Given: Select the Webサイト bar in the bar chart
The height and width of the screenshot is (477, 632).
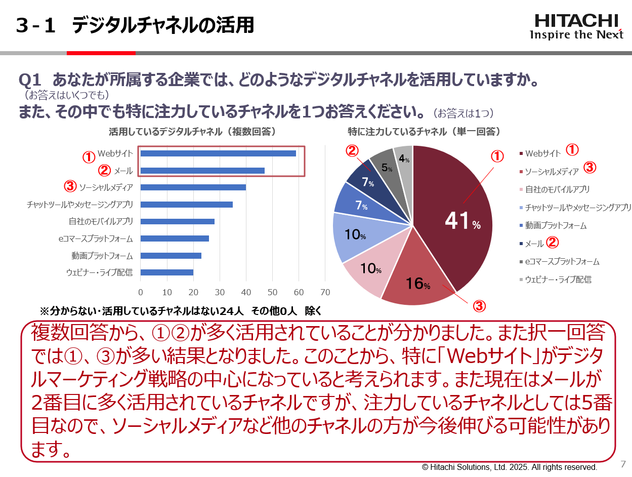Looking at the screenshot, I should (x=218, y=153).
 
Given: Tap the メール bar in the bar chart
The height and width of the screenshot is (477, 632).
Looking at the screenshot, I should (x=202, y=171).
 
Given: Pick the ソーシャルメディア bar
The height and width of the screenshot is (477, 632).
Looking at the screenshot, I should (x=193, y=187).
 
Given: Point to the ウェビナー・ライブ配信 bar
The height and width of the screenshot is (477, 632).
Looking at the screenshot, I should (x=166, y=272).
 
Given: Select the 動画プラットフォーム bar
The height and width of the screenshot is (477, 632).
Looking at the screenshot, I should (x=171, y=256).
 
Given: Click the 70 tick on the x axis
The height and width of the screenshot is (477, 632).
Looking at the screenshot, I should (x=325, y=293).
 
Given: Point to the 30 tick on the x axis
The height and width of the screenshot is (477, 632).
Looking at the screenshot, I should (x=220, y=293).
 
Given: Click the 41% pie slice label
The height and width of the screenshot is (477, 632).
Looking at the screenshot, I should (x=462, y=221).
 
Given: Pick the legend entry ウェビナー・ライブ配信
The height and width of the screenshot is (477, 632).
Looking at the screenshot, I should (x=558, y=280).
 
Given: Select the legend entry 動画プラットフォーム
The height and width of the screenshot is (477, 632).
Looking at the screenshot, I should (x=556, y=225).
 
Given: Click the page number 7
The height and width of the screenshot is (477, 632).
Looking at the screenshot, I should (x=623, y=464).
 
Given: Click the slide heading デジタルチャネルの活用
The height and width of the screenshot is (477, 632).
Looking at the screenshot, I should (x=162, y=25).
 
